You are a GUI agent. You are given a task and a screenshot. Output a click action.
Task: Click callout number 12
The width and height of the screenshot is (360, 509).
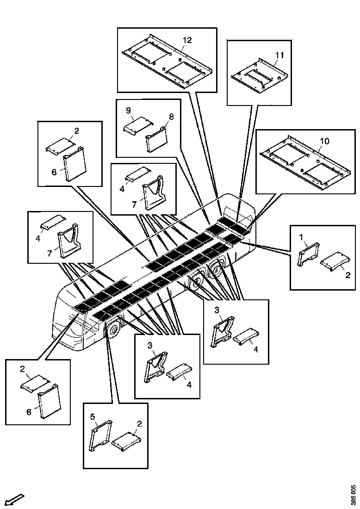pyautogui.click(x=187, y=40)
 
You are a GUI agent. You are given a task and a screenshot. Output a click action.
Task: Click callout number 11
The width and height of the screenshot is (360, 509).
pyautogui.click(x=279, y=55)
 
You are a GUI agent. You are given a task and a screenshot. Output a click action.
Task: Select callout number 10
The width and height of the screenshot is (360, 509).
pyautogui.click(x=325, y=141)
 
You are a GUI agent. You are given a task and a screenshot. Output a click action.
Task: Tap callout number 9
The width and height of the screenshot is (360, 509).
pyautogui.click(x=128, y=111)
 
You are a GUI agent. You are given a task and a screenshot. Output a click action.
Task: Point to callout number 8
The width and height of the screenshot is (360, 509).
pyautogui.click(x=171, y=117)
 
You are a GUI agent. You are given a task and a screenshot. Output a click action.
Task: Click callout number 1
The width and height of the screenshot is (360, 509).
pyautogui.click(x=301, y=238)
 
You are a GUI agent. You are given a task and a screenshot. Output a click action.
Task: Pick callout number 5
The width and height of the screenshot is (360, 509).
pyautogui.click(x=93, y=416)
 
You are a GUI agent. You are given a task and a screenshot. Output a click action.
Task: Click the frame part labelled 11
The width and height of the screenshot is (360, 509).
pyautogui.click(x=260, y=77)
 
